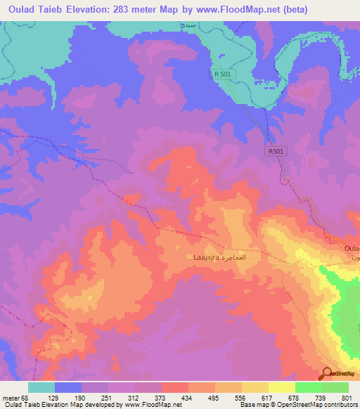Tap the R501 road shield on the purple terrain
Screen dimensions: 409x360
(x=276, y=150)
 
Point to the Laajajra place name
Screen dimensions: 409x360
(x=205, y=258)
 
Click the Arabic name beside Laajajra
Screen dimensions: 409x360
(x=233, y=258)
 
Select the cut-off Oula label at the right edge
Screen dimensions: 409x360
(x=352, y=249)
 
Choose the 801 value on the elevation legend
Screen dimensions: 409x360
(x=349, y=397)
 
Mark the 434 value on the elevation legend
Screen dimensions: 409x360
(x=188, y=397)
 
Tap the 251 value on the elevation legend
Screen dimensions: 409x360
(x=108, y=397)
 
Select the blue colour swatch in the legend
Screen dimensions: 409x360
(x=67, y=387)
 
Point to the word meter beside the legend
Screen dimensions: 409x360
(x=11, y=397)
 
